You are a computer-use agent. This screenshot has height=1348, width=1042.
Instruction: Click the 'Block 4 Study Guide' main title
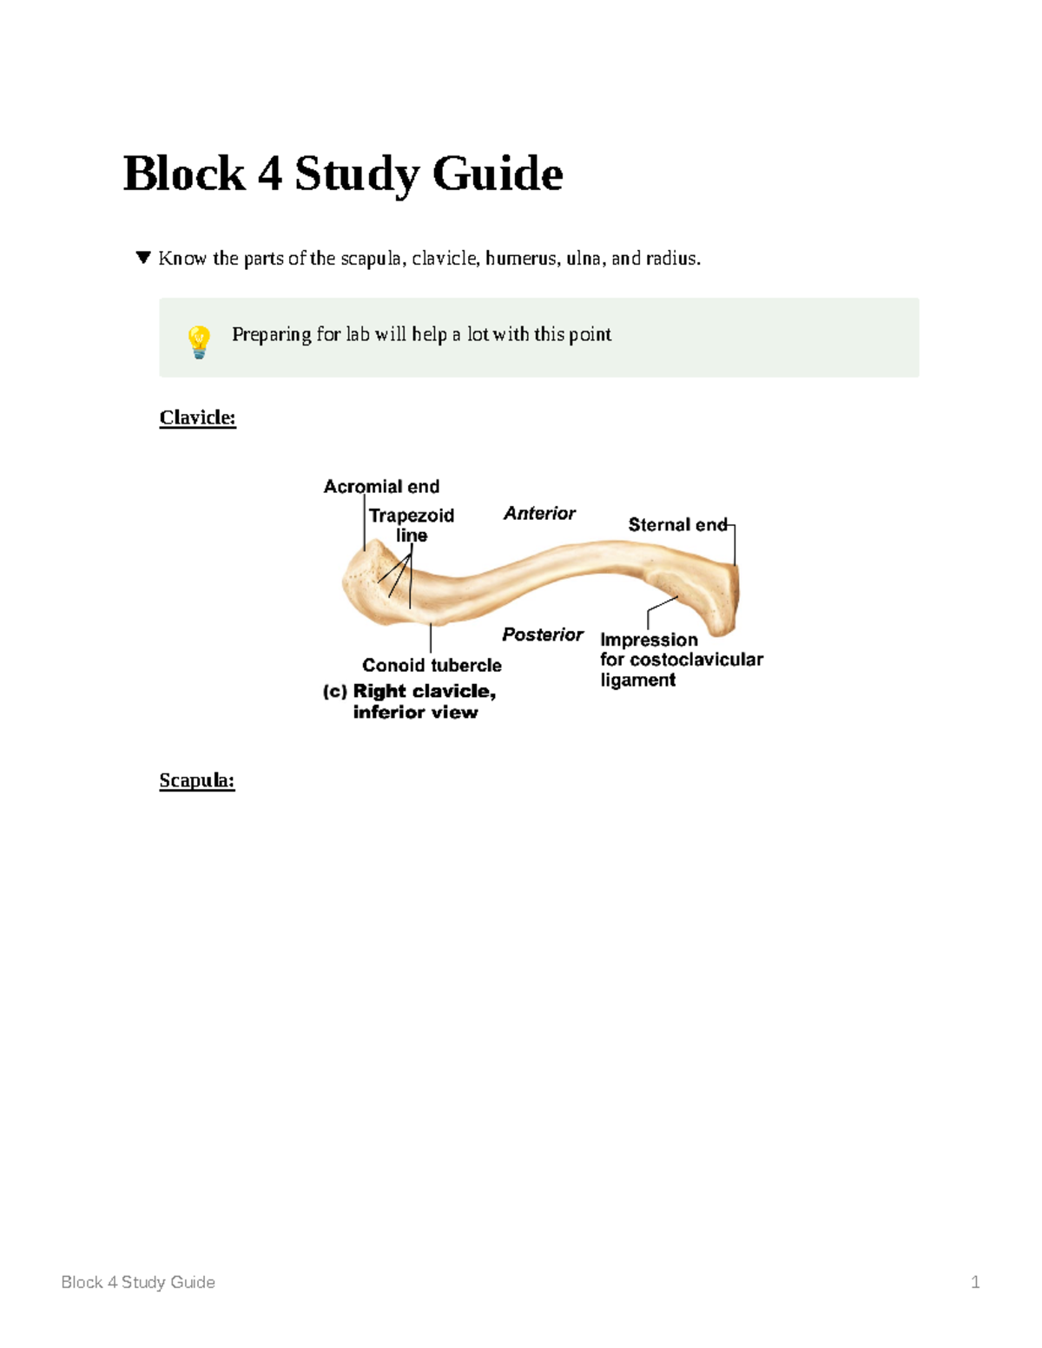(x=343, y=174)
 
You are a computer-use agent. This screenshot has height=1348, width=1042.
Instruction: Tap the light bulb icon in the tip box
(x=199, y=341)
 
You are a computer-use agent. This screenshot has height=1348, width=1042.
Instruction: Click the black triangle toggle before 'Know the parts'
(x=143, y=258)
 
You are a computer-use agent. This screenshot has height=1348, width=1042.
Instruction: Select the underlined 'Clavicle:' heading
(x=197, y=418)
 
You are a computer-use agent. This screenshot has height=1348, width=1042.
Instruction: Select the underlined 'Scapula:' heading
(x=196, y=780)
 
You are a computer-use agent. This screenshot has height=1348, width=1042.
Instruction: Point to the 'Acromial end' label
(x=381, y=486)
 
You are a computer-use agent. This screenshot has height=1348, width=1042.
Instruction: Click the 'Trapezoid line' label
(x=412, y=525)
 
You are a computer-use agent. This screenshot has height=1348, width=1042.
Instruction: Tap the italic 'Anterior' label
(x=539, y=513)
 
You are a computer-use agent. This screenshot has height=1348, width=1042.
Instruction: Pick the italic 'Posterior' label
(x=543, y=635)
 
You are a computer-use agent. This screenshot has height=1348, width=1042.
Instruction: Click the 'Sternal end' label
(x=677, y=524)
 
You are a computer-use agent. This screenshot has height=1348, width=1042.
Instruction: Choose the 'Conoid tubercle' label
(x=432, y=665)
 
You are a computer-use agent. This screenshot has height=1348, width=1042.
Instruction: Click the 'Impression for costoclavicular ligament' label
(x=681, y=660)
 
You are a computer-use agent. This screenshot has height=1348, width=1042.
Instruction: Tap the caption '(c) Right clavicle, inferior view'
(x=409, y=701)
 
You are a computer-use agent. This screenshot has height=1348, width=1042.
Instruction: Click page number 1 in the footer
(x=975, y=1282)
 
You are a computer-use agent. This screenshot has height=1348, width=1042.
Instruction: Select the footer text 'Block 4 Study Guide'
(x=138, y=1282)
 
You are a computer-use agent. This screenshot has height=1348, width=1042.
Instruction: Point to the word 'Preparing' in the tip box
(x=271, y=334)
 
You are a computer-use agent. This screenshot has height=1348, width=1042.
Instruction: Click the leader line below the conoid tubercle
(x=431, y=639)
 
